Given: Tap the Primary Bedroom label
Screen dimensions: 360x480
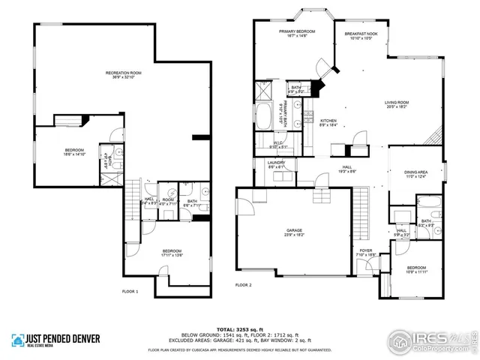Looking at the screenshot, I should click(296, 33).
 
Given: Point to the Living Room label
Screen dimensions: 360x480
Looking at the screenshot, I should click(396, 104).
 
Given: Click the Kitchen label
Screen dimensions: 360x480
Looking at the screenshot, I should click(328, 123).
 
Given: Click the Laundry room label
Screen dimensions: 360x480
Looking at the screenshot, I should click(276, 164).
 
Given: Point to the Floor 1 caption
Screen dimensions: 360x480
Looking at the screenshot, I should click(130, 290).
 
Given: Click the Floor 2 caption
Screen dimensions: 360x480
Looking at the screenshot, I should click(244, 285).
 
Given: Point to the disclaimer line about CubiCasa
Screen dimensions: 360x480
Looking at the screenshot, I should click(240, 349).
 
